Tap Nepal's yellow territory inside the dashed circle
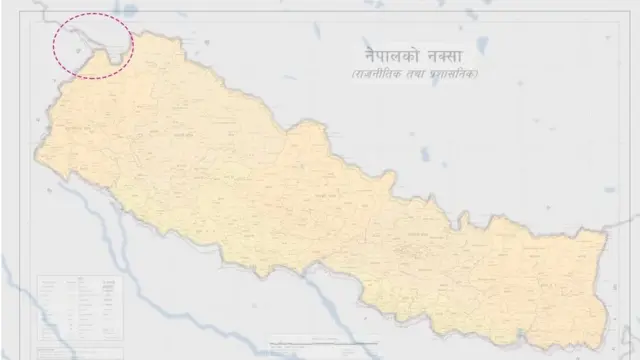tap(113, 60)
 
